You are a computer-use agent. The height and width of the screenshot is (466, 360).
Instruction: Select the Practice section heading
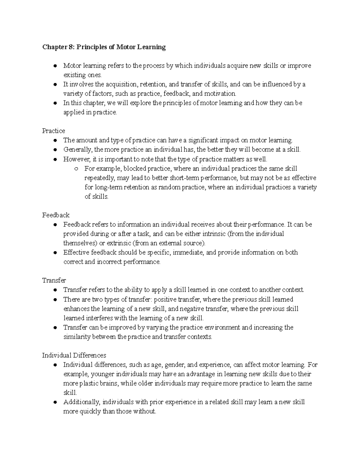pyautogui.click(x=53, y=131)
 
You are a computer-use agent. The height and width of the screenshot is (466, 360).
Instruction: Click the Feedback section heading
pyautogui.click(x=56, y=215)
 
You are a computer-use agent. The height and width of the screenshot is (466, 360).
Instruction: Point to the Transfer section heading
pyautogui.click(x=54, y=280)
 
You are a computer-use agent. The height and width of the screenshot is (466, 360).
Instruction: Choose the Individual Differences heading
pyautogui.click(x=74, y=355)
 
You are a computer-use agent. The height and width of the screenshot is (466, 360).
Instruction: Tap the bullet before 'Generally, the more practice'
pyautogui.click(x=55, y=150)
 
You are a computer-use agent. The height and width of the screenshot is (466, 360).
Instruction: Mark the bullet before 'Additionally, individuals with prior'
pyautogui.click(x=55, y=402)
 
